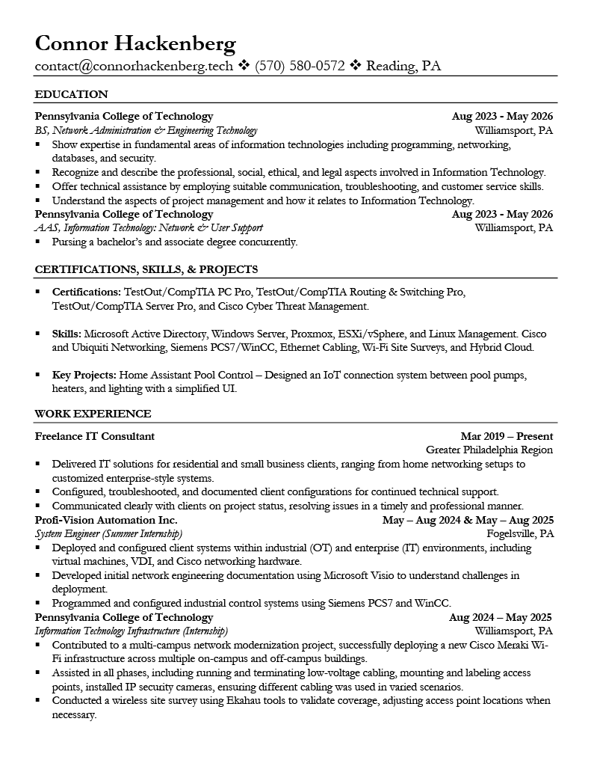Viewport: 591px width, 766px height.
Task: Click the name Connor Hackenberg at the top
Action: pos(135,44)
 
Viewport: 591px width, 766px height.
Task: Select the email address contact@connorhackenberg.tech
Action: pos(134,66)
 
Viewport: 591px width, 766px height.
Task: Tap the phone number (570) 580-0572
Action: pos(300,66)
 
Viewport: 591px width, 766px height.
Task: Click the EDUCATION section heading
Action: pos(72,94)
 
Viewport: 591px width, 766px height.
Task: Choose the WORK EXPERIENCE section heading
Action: pos(93,414)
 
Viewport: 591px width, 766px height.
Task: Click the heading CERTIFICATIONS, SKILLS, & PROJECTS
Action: pos(146,269)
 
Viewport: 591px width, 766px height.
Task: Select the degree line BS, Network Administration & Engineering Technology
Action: pos(146,130)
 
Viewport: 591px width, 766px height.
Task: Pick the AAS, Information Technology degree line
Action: pos(149,227)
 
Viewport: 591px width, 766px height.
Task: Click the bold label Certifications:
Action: pos(86,292)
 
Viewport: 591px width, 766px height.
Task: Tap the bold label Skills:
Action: pos(67,334)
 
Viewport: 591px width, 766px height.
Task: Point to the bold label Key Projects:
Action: pos(84,375)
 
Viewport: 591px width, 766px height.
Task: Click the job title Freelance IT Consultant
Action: pos(95,436)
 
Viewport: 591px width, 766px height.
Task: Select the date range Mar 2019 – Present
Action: pos(507,436)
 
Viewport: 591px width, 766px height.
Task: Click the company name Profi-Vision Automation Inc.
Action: pos(106,520)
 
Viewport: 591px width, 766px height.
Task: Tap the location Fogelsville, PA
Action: pos(519,534)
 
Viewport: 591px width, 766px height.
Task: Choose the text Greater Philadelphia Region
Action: pos(489,450)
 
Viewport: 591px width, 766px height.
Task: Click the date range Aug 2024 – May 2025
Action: pos(500,617)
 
